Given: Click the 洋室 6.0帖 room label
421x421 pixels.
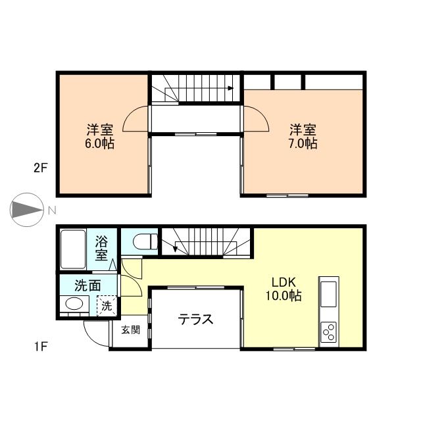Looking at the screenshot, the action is pyautogui.click(x=100, y=136).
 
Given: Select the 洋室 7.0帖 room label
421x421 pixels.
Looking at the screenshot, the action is pyautogui.click(x=303, y=136).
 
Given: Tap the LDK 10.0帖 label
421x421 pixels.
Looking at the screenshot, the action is pyautogui.click(x=284, y=289).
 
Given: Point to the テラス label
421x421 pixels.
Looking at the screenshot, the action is pyautogui.click(x=195, y=319).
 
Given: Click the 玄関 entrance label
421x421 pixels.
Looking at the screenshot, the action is pyautogui.click(x=130, y=330).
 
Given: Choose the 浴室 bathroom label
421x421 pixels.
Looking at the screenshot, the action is pyautogui.click(x=101, y=248).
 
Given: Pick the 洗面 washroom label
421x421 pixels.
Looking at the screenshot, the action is pyautogui.click(x=87, y=285).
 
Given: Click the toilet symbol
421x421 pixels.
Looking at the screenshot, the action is pyautogui.click(x=145, y=241).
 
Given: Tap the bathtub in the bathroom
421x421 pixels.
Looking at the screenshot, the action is pyautogui.click(x=73, y=249).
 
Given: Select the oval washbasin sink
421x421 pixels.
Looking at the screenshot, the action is pyautogui.click(x=74, y=304).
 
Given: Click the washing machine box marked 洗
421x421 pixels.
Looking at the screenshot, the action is pyautogui.click(x=107, y=305).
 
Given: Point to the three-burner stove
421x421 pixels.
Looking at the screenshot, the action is pyautogui.click(x=329, y=332).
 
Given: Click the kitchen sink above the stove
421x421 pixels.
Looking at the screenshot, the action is pyautogui.click(x=329, y=294).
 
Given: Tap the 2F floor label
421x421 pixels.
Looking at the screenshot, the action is pyautogui.click(x=41, y=168).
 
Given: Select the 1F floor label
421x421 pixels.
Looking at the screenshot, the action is pyautogui.click(x=41, y=347).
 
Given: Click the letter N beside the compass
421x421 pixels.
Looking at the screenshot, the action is pyautogui.click(x=52, y=210).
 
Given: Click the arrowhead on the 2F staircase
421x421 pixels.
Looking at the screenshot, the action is pyautogui.click(x=230, y=88).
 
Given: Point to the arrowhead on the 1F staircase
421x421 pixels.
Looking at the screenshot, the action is pyautogui.click(x=175, y=249).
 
